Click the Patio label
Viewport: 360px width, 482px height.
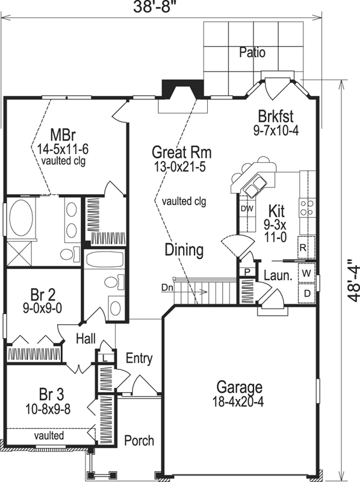(x=252, y=52)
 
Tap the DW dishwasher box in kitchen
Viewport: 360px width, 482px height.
(x=246, y=208)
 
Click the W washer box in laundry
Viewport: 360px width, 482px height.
(x=306, y=272)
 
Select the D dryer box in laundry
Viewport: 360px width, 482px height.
(x=306, y=293)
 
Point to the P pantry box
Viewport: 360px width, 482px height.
(x=246, y=272)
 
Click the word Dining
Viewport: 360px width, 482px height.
(x=184, y=249)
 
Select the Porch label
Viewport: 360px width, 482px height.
(x=138, y=440)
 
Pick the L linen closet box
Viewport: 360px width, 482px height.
(x=105, y=357)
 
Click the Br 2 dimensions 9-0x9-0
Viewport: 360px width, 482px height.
(x=43, y=307)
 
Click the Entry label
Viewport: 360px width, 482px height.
(x=138, y=358)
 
